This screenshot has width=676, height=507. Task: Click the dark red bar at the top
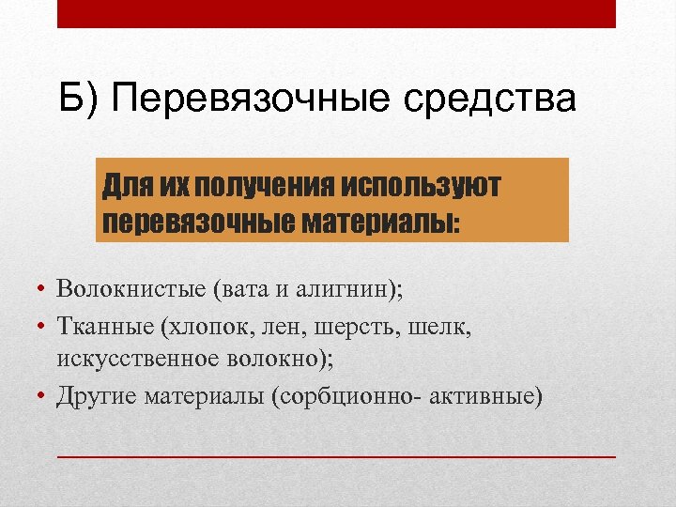click(336, 14)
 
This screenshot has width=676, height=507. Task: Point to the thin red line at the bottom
click(336, 455)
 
